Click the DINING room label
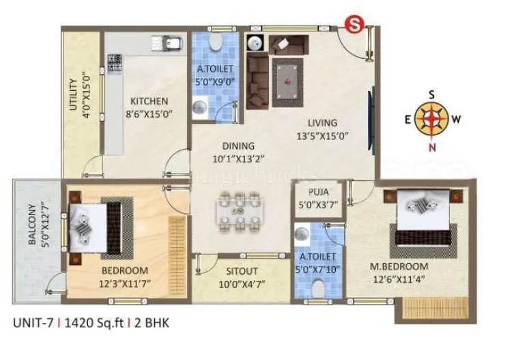237,146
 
